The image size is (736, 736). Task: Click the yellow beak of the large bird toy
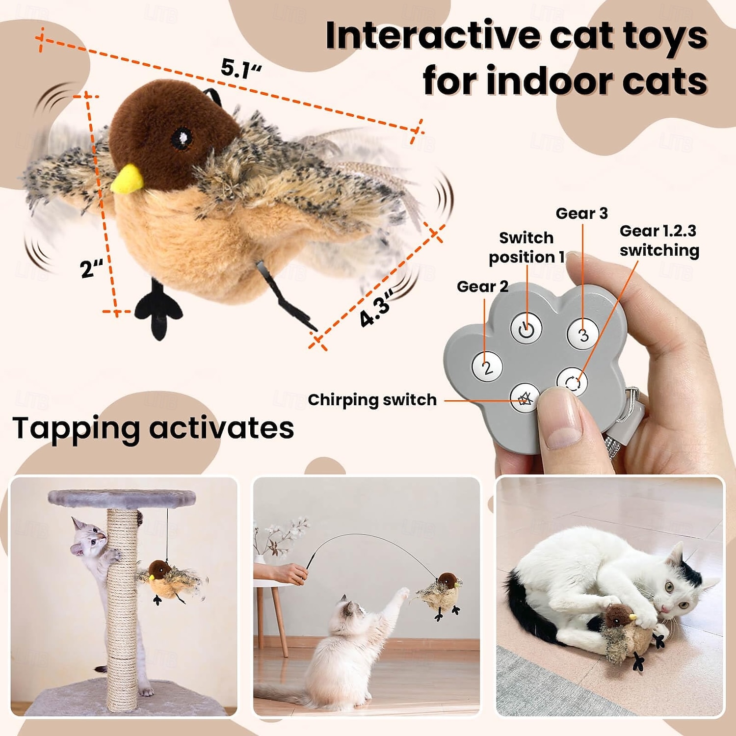point(127,179)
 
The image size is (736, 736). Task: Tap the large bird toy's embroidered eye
point(182,139)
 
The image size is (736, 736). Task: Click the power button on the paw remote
point(526,329)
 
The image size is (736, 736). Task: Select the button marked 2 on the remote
point(487,367)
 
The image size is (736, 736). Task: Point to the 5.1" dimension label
point(240,69)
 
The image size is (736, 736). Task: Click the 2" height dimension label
point(92,268)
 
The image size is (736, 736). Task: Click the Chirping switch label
point(372,400)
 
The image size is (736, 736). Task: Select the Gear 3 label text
point(581,213)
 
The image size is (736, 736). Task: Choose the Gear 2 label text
point(482,287)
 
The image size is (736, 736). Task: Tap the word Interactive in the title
point(432,36)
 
